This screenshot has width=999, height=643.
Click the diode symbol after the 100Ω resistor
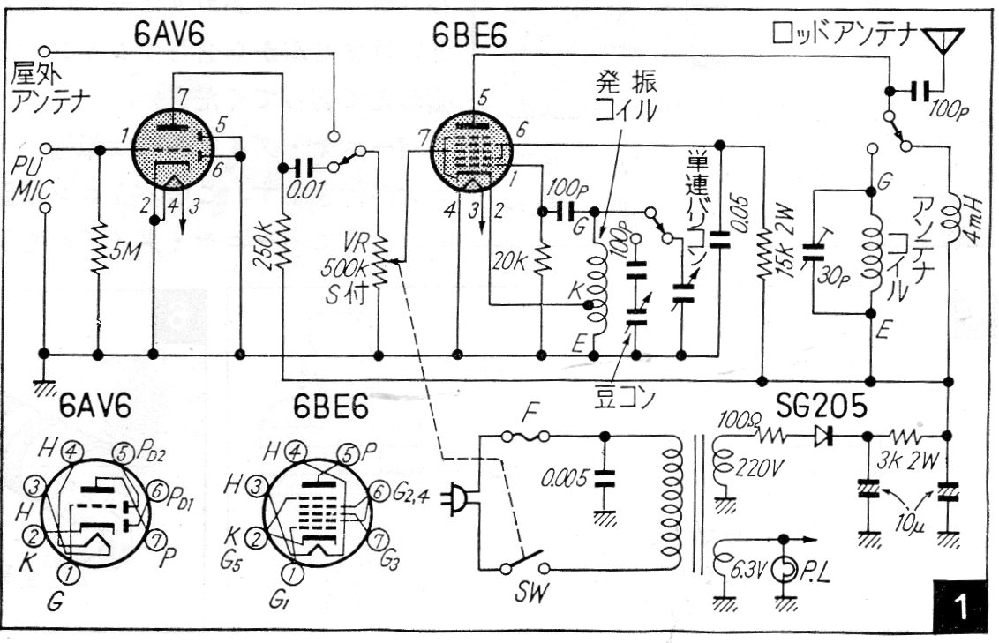(x=824, y=434)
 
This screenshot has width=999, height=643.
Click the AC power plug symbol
(x=461, y=498)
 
